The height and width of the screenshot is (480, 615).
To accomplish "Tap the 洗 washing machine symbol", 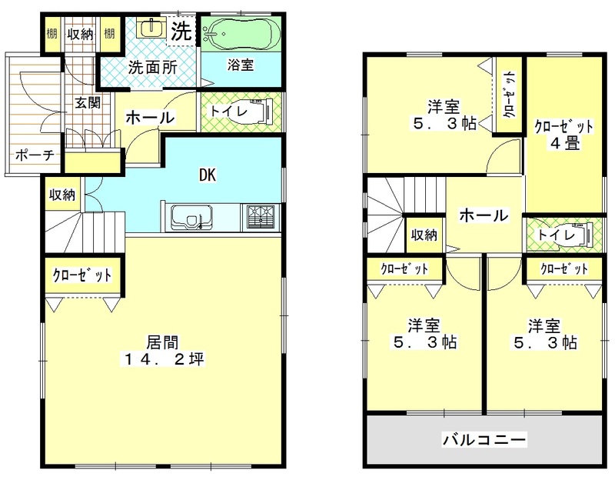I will click(181, 32).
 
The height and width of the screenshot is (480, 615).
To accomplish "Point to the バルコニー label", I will click(484, 440).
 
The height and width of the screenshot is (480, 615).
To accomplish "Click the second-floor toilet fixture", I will click(578, 234).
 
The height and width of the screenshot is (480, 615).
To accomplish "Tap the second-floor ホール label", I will click(484, 216).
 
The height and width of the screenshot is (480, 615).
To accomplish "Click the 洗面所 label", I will click(152, 67).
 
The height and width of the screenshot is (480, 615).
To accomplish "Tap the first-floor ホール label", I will click(149, 118).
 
